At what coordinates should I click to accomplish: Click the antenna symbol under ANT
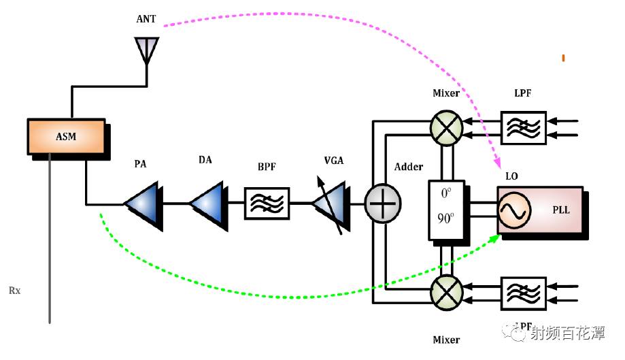tap(146, 50)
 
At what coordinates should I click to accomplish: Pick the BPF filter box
tap(267, 202)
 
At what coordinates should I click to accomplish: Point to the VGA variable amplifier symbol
tap(329, 202)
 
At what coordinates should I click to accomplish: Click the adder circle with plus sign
tap(383, 202)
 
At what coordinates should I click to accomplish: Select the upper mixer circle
tap(447, 127)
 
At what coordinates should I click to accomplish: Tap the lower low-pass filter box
tap(523, 294)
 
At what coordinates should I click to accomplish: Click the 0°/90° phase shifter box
tap(446, 210)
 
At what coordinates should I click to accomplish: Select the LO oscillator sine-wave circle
tap(514, 212)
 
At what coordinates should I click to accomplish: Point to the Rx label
tap(14, 291)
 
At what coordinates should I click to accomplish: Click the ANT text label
tap(146, 19)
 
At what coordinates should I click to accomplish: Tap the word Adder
tap(409, 167)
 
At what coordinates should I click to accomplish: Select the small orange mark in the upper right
tap(563, 58)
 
